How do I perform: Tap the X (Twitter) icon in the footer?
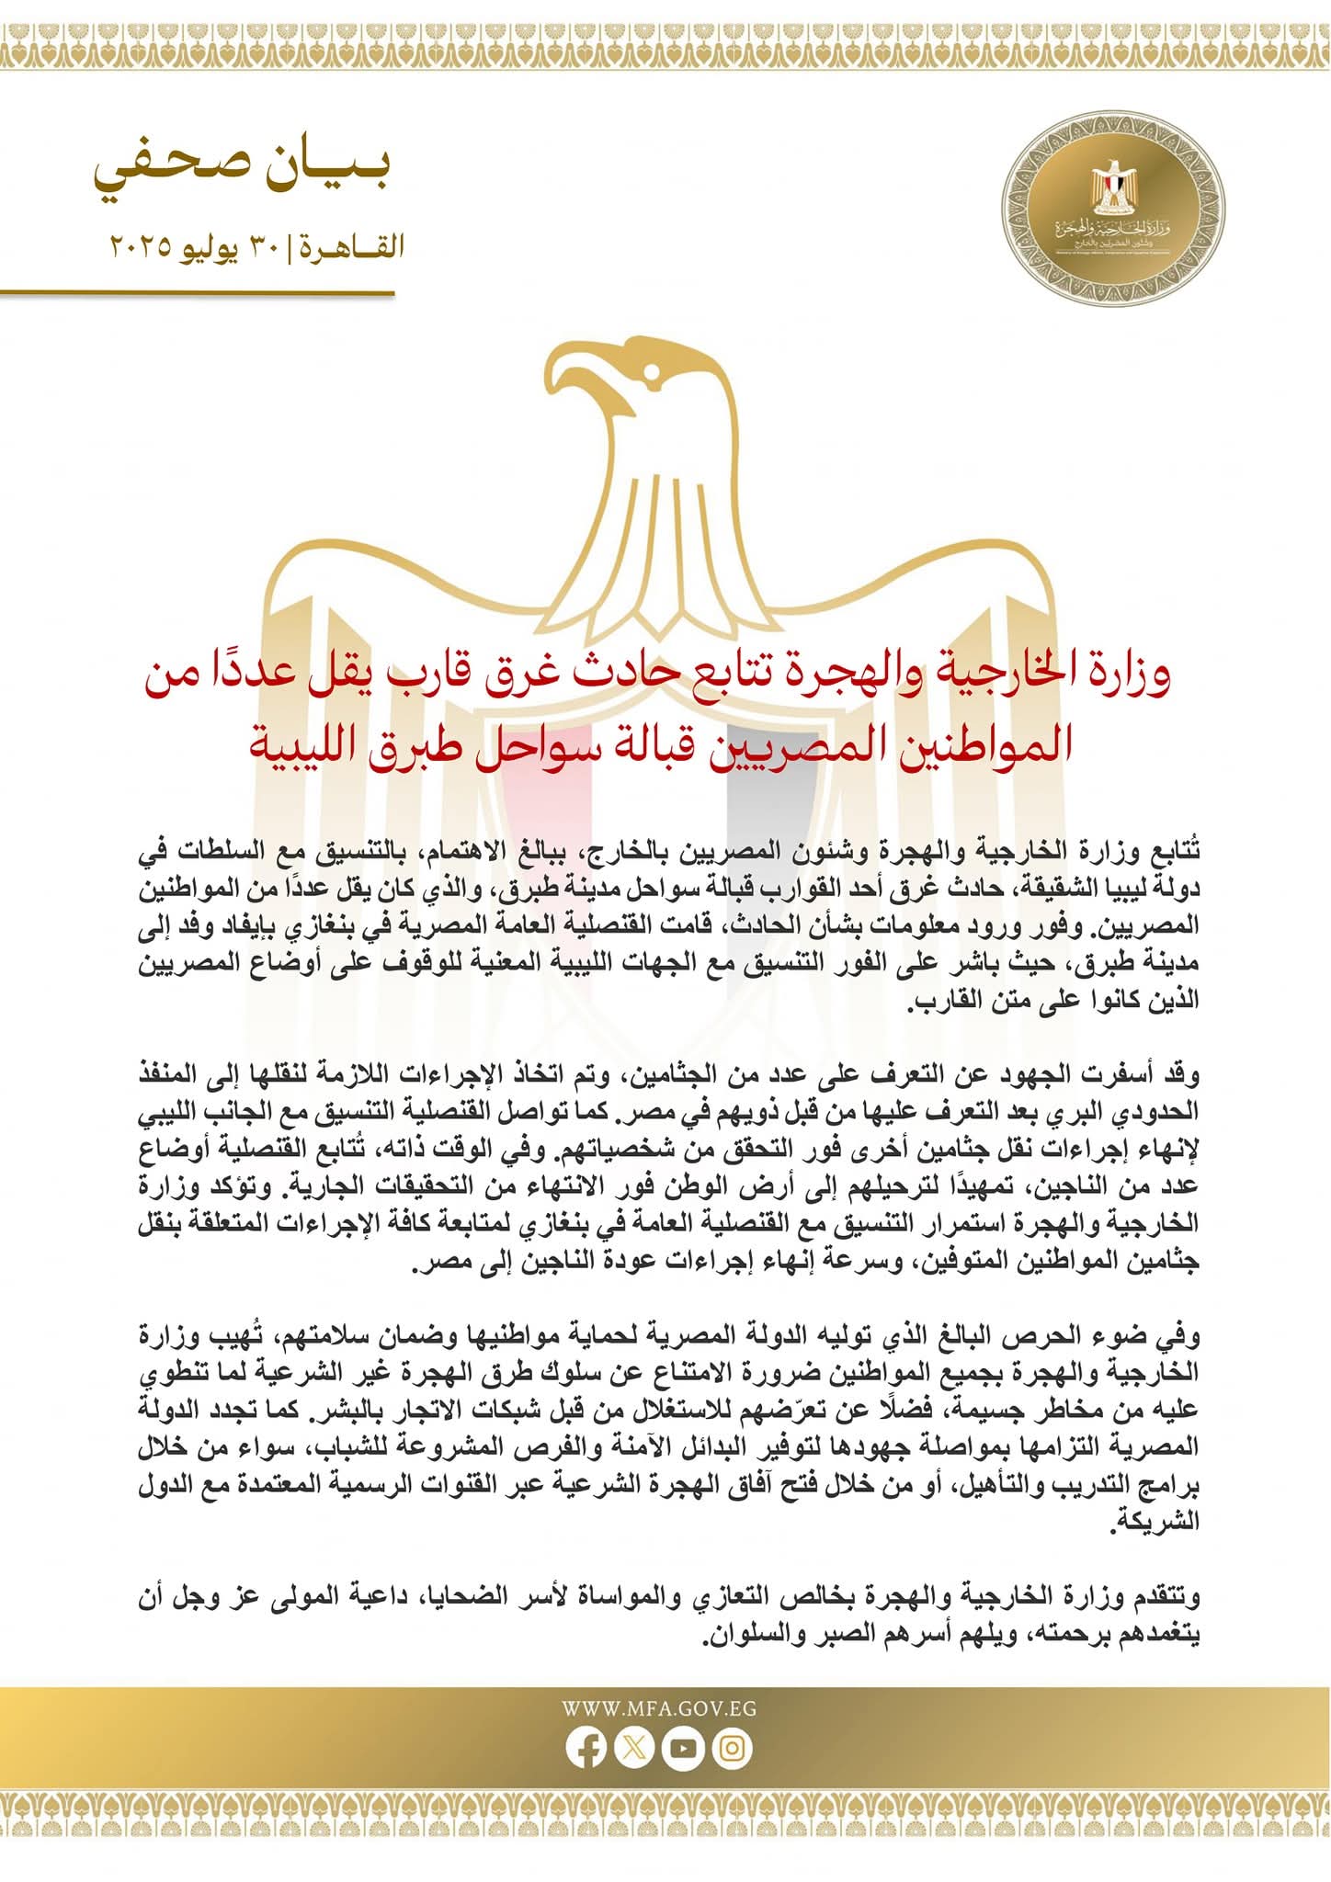click(x=634, y=1749)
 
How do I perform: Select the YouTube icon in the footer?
click(x=684, y=1749)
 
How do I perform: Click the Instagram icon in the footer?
click(x=733, y=1749)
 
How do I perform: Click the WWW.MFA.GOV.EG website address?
click(x=659, y=1709)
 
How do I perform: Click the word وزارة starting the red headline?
click(x=1129, y=676)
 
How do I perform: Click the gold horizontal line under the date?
click(x=198, y=294)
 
